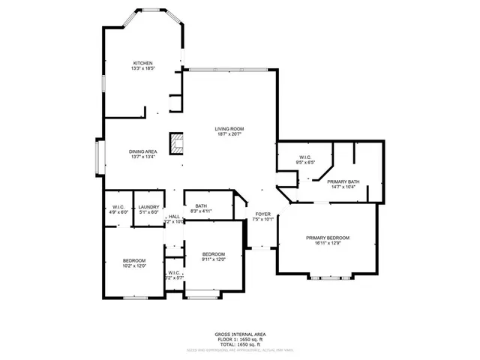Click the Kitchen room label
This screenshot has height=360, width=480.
pyautogui.click(x=143, y=63)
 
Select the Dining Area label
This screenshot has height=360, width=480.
pyautogui.click(x=142, y=151)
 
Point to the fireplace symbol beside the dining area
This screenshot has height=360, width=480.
pyautogui.click(x=177, y=144)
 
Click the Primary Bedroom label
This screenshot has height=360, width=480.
pyautogui.click(x=327, y=238)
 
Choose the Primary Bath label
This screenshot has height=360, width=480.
pyautogui.click(x=343, y=181)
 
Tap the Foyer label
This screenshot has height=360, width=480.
pyautogui.click(x=262, y=214)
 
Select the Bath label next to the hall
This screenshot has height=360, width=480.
pyautogui.click(x=201, y=206)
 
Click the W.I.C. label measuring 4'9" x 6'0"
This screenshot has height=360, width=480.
pyautogui.click(x=118, y=207)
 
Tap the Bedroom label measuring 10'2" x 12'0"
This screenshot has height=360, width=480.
pyautogui.click(x=133, y=260)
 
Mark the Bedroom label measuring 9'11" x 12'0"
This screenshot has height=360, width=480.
pyautogui.click(x=214, y=254)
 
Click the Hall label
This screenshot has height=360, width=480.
pyautogui.click(x=174, y=216)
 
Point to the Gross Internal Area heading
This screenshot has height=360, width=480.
pyautogui.click(x=239, y=334)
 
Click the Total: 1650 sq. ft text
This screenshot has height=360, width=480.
pyautogui.click(x=239, y=343)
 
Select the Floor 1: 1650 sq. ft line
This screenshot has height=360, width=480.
pyautogui.click(x=239, y=339)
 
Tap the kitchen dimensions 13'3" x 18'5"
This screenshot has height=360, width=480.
pyautogui.click(x=143, y=68)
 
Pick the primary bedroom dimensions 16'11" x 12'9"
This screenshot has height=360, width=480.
pyautogui.click(x=327, y=243)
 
